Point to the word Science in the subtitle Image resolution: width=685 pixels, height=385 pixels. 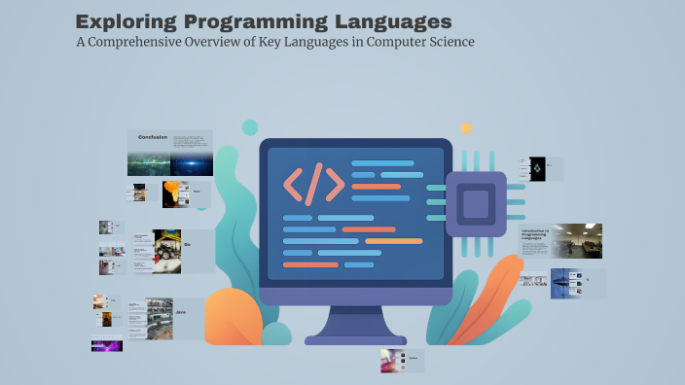[446, 43]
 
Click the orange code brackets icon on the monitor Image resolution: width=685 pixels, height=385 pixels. [313, 183]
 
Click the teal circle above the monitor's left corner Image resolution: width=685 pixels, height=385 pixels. [250, 127]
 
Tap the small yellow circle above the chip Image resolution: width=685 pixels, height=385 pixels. [466, 127]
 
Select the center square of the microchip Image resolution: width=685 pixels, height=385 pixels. [476, 204]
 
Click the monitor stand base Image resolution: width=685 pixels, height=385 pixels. [355, 339]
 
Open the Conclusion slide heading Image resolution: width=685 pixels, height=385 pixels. [153, 136]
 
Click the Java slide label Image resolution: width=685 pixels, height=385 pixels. [181, 311]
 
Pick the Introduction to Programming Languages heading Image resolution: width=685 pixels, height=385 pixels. [535, 233]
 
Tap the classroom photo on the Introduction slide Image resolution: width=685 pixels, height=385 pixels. [577, 240]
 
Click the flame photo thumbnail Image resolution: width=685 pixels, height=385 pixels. [175, 192]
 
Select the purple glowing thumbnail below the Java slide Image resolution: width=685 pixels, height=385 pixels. [107, 343]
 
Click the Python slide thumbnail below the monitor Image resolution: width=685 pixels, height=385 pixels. [394, 360]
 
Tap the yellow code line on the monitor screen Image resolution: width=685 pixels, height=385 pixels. [393, 240]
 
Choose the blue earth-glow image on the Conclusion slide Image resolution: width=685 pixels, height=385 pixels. [192, 163]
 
